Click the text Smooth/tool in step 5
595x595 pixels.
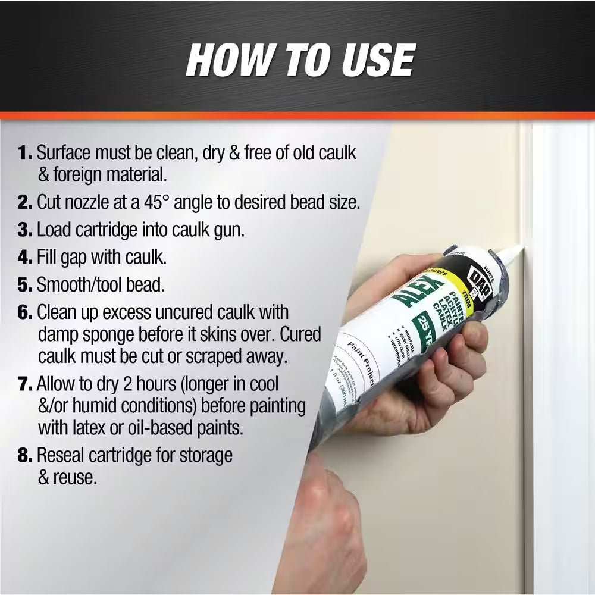coord(80,284)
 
